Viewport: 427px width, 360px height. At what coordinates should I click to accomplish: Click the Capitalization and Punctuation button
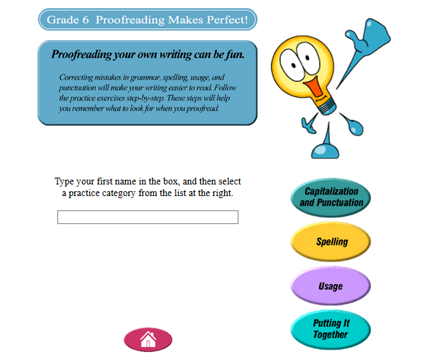[x=331, y=197]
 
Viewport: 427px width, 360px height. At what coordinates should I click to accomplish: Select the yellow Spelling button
[x=331, y=242]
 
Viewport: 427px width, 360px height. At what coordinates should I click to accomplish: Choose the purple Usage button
[x=331, y=286]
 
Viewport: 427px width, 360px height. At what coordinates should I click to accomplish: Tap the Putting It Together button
[x=331, y=329]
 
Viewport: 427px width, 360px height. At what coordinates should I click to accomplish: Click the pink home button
[x=148, y=340]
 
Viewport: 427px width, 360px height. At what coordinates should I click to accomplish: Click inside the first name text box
[x=148, y=217]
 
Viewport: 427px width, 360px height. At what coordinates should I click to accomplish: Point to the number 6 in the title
[x=85, y=20]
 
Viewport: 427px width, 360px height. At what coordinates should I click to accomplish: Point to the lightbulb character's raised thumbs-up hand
[x=368, y=36]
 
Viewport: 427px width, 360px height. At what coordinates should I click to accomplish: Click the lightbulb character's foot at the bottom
[x=325, y=151]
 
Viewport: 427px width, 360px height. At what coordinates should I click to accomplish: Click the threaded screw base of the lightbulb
[x=326, y=106]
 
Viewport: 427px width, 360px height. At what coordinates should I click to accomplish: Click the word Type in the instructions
[x=64, y=182]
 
